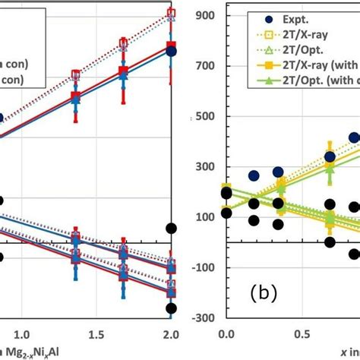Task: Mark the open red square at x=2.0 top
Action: click(171, 13)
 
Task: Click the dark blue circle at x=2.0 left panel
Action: click(171, 52)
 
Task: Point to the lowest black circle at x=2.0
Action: click(171, 308)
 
